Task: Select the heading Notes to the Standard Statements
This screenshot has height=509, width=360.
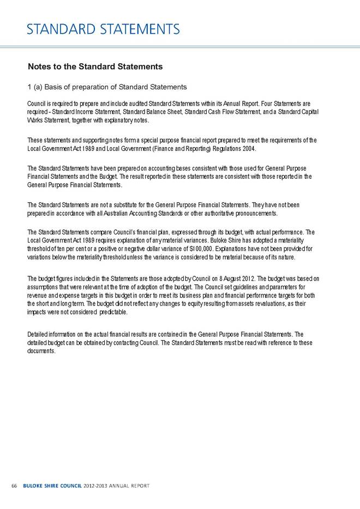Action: point(95,67)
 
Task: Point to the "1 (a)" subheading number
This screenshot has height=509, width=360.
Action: point(35,87)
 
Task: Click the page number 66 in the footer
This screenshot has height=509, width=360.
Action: point(14,485)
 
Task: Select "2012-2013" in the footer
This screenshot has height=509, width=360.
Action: point(92,485)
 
